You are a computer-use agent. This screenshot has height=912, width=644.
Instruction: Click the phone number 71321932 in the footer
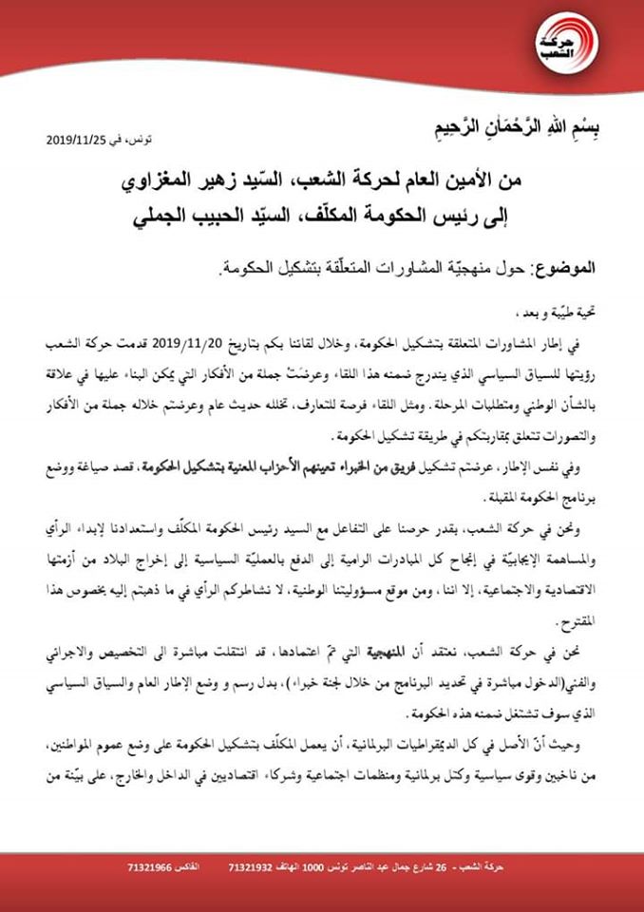[255, 868]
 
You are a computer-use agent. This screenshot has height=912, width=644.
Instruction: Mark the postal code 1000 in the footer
[325, 868]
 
